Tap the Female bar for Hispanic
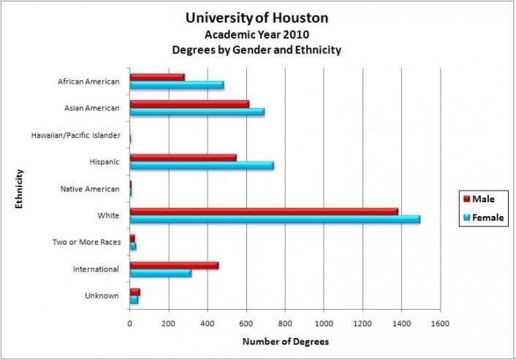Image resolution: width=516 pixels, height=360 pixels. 202,165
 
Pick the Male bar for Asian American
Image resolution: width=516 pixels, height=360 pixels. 189,104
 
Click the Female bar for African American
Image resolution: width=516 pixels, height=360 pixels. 177,85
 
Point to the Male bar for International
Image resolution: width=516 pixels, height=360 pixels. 174,265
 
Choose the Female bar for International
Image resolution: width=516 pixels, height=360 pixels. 161,273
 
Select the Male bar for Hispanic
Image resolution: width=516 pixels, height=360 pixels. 183,157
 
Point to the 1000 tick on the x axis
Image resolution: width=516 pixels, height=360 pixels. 324,323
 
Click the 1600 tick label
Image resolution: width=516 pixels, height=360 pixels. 440,323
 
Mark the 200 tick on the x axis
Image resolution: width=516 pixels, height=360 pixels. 169,323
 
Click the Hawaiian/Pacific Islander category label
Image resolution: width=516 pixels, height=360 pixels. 75,135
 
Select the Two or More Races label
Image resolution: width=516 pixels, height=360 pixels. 86,242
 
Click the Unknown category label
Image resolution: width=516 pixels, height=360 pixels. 103,296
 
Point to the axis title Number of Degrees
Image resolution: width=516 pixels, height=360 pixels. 285,342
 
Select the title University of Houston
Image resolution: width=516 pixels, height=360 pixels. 257,18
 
